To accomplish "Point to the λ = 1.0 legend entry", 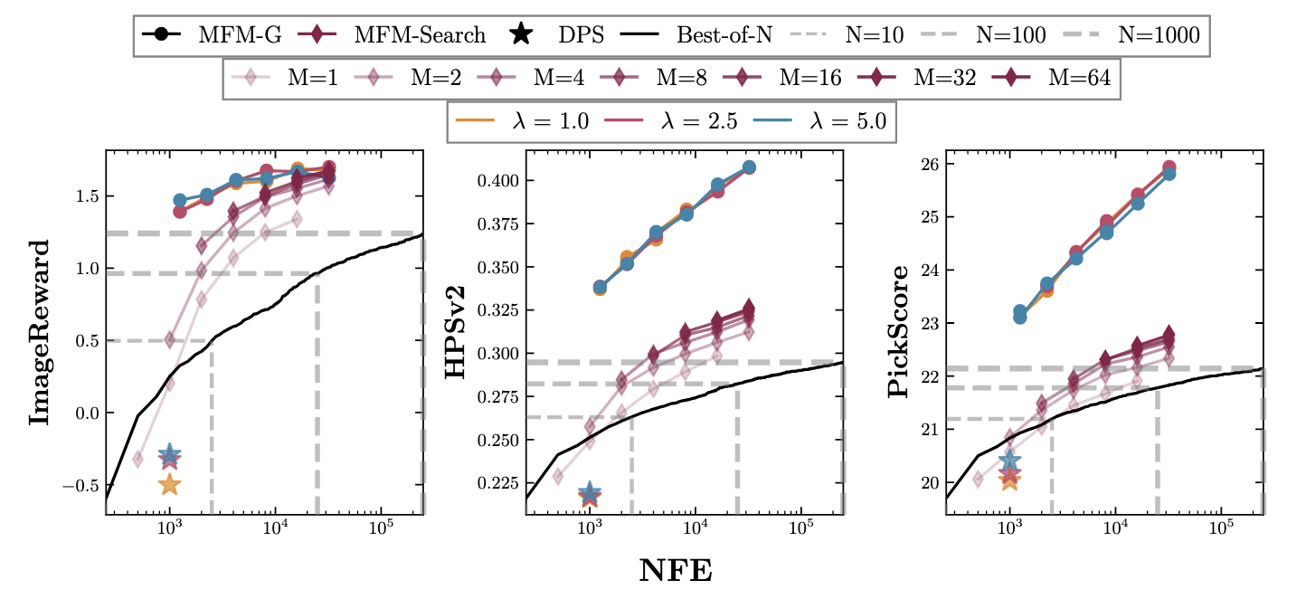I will click(x=525, y=120).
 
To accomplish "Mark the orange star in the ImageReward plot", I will click(x=169, y=485).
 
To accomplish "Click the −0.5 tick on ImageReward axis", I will click(x=77, y=486).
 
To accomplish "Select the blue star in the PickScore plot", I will click(x=1009, y=461).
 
